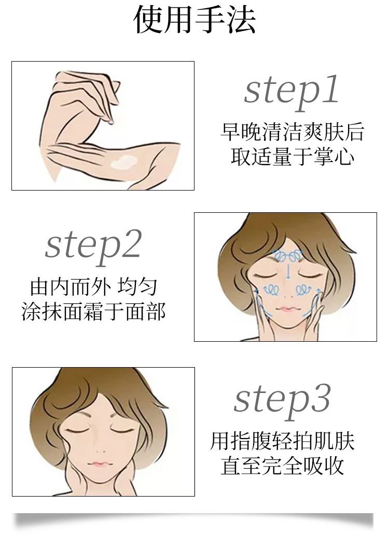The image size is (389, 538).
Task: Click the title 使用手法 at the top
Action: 195,20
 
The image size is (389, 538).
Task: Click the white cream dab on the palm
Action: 124,162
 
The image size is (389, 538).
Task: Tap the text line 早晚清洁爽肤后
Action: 292,132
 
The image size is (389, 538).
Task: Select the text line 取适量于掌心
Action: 292,156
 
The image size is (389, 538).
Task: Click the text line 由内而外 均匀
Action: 93,287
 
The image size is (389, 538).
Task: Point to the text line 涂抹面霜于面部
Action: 93,312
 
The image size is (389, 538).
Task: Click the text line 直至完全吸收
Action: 282,466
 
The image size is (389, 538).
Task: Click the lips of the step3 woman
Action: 99,464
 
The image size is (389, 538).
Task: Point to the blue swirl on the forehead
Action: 287,255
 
